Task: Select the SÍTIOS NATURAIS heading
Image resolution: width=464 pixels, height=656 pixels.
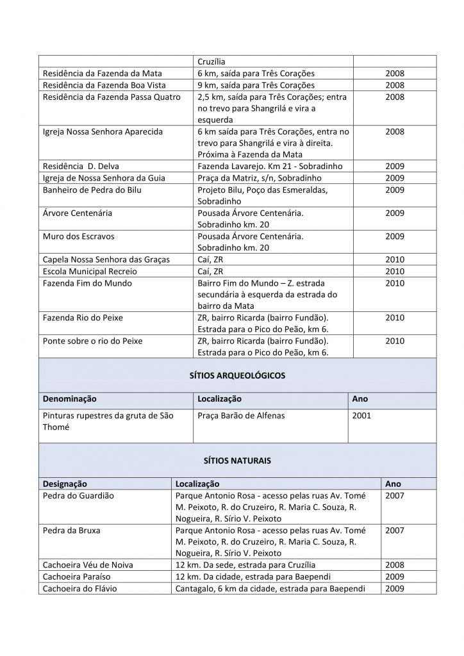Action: coord(238,460)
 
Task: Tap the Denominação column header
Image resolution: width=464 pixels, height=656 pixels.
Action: coord(70,399)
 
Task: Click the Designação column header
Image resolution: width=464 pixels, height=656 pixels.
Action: coord(65,484)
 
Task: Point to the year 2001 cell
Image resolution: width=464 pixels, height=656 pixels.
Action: coord(361,416)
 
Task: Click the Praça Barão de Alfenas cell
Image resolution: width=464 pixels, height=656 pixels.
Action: coord(241,416)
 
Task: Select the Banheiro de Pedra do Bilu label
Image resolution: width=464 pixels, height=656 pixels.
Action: coord(92,190)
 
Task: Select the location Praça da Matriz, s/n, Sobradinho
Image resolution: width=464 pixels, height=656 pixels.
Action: coord(260,177)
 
